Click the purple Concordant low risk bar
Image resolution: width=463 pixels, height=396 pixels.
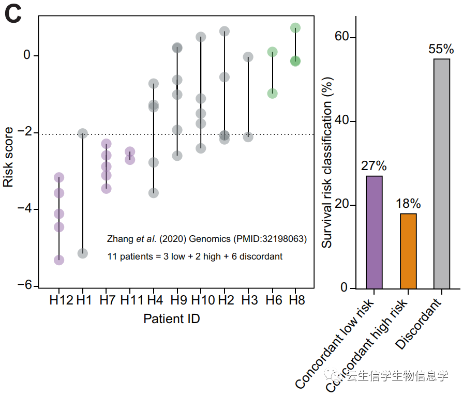tap(374, 232)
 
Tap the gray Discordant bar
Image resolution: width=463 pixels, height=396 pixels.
tap(441, 174)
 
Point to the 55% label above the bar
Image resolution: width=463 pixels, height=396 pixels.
tap(441, 50)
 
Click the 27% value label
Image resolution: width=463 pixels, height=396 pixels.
tap(374, 166)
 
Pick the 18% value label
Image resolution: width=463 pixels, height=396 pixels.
tap(408, 204)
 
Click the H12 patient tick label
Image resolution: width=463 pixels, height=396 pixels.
tap(61, 300)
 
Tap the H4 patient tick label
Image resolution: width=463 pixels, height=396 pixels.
tap(155, 300)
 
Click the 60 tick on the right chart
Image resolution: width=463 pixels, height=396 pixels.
tap(339, 38)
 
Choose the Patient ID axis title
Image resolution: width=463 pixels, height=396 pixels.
tap(172, 318)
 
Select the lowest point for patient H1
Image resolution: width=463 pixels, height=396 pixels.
tap(82, 253)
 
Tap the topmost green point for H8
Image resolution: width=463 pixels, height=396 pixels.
tap(295, 28)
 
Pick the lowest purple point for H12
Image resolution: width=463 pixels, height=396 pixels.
tap(59, 260)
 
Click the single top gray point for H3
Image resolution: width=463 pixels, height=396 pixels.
tap(248, 57)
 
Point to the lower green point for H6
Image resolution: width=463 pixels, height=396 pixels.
tap(272, 94)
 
